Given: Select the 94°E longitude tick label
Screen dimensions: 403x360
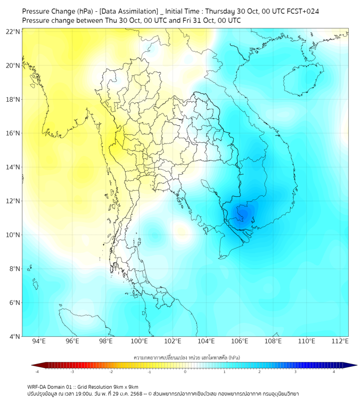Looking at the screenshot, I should coord(39,341).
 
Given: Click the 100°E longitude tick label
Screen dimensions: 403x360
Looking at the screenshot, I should coord(140,341).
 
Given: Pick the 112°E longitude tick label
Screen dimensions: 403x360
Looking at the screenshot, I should coord(340,341).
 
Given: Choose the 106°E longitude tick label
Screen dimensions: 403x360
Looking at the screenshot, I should coord(240,341).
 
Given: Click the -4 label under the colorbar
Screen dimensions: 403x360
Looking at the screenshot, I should coord(37,372).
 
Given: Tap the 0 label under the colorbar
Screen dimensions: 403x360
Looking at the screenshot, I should coord(186,372).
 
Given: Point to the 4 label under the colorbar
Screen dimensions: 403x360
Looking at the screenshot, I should coord(334,372).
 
